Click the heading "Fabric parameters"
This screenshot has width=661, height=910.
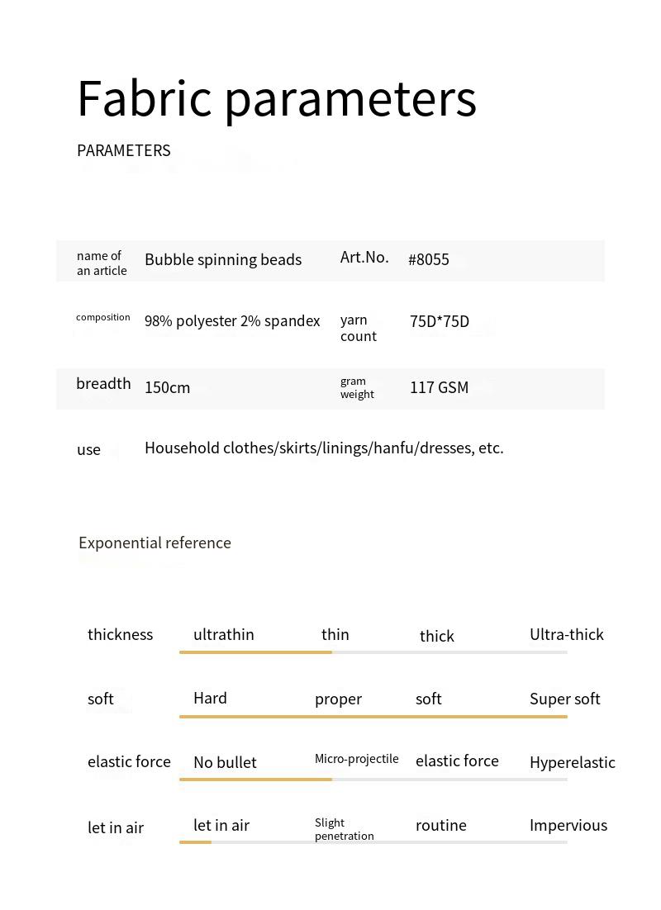277,99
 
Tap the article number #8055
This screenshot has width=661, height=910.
429,260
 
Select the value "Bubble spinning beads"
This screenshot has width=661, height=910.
223,260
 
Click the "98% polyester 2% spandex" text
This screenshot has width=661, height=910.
232,321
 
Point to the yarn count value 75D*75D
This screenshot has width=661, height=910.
440,322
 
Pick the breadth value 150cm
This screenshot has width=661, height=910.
167,388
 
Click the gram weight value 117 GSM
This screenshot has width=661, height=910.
439,388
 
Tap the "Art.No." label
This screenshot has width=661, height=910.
364,258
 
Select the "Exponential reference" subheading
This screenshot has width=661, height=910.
155,543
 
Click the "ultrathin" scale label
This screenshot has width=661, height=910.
223,635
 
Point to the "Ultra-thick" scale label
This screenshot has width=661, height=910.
567,635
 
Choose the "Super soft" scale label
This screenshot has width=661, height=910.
565,699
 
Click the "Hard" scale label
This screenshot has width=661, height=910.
210,699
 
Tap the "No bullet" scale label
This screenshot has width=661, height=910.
225,763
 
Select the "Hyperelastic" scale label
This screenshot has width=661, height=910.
573,763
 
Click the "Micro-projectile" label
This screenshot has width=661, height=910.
357,759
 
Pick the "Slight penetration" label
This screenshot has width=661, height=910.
344,829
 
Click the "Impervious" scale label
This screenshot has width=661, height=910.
568,826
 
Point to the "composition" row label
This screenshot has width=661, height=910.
103,317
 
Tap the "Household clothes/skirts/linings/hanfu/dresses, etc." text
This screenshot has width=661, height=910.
324,448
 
